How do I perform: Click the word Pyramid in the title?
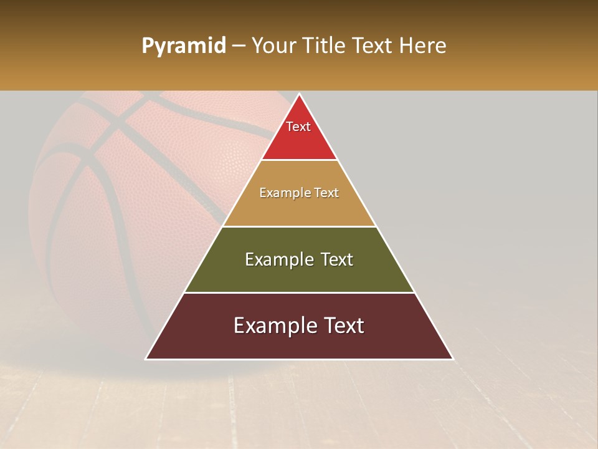point(183,46)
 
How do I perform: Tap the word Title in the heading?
point(326,46)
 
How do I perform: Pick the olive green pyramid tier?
point(299,274)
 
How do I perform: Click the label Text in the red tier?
point(298,127)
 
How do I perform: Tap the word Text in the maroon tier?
point(341,326)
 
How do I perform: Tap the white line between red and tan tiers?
point(299,160)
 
